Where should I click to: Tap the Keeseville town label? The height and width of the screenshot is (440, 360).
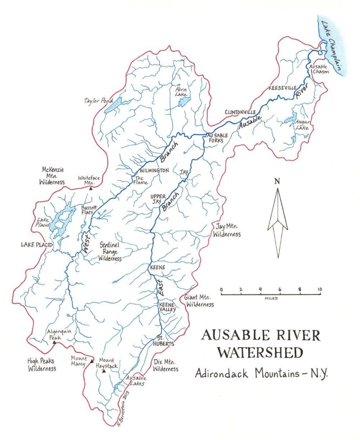coord(280,88)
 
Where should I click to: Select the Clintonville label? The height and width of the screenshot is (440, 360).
coord(240,112)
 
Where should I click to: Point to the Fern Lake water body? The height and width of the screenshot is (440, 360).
coord(183,102)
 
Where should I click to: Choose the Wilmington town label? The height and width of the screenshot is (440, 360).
coord(154,170)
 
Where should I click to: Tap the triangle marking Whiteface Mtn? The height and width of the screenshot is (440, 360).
coord(91,189)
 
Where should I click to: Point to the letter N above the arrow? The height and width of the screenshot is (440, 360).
coord(277,181)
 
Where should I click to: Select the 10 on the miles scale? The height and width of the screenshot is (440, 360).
coord(319,290)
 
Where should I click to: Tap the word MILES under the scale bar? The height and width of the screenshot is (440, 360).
coord(271,298)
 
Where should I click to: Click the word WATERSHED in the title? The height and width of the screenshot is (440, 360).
coord(260,352)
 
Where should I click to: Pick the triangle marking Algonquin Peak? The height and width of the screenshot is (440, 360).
coord(54,343)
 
